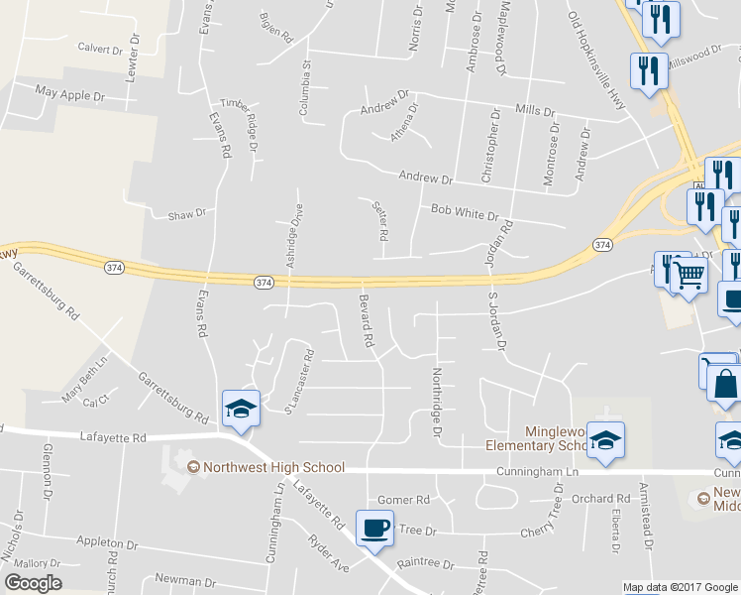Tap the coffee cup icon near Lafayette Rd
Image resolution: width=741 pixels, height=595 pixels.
click(x=373, y=528)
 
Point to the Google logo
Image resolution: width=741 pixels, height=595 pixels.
click(x=34, y=583)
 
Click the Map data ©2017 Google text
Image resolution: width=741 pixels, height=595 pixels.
click(x=681, y=587)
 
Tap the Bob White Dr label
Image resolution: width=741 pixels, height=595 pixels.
click(x=465, y=210)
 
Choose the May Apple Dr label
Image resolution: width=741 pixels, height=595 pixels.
click(x=69, y=95)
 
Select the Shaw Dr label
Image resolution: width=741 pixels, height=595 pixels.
click(x=186, y=213)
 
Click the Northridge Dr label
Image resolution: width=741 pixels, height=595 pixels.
click(x=435, y=402)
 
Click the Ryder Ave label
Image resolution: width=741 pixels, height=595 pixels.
click(x=329, y=553)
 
